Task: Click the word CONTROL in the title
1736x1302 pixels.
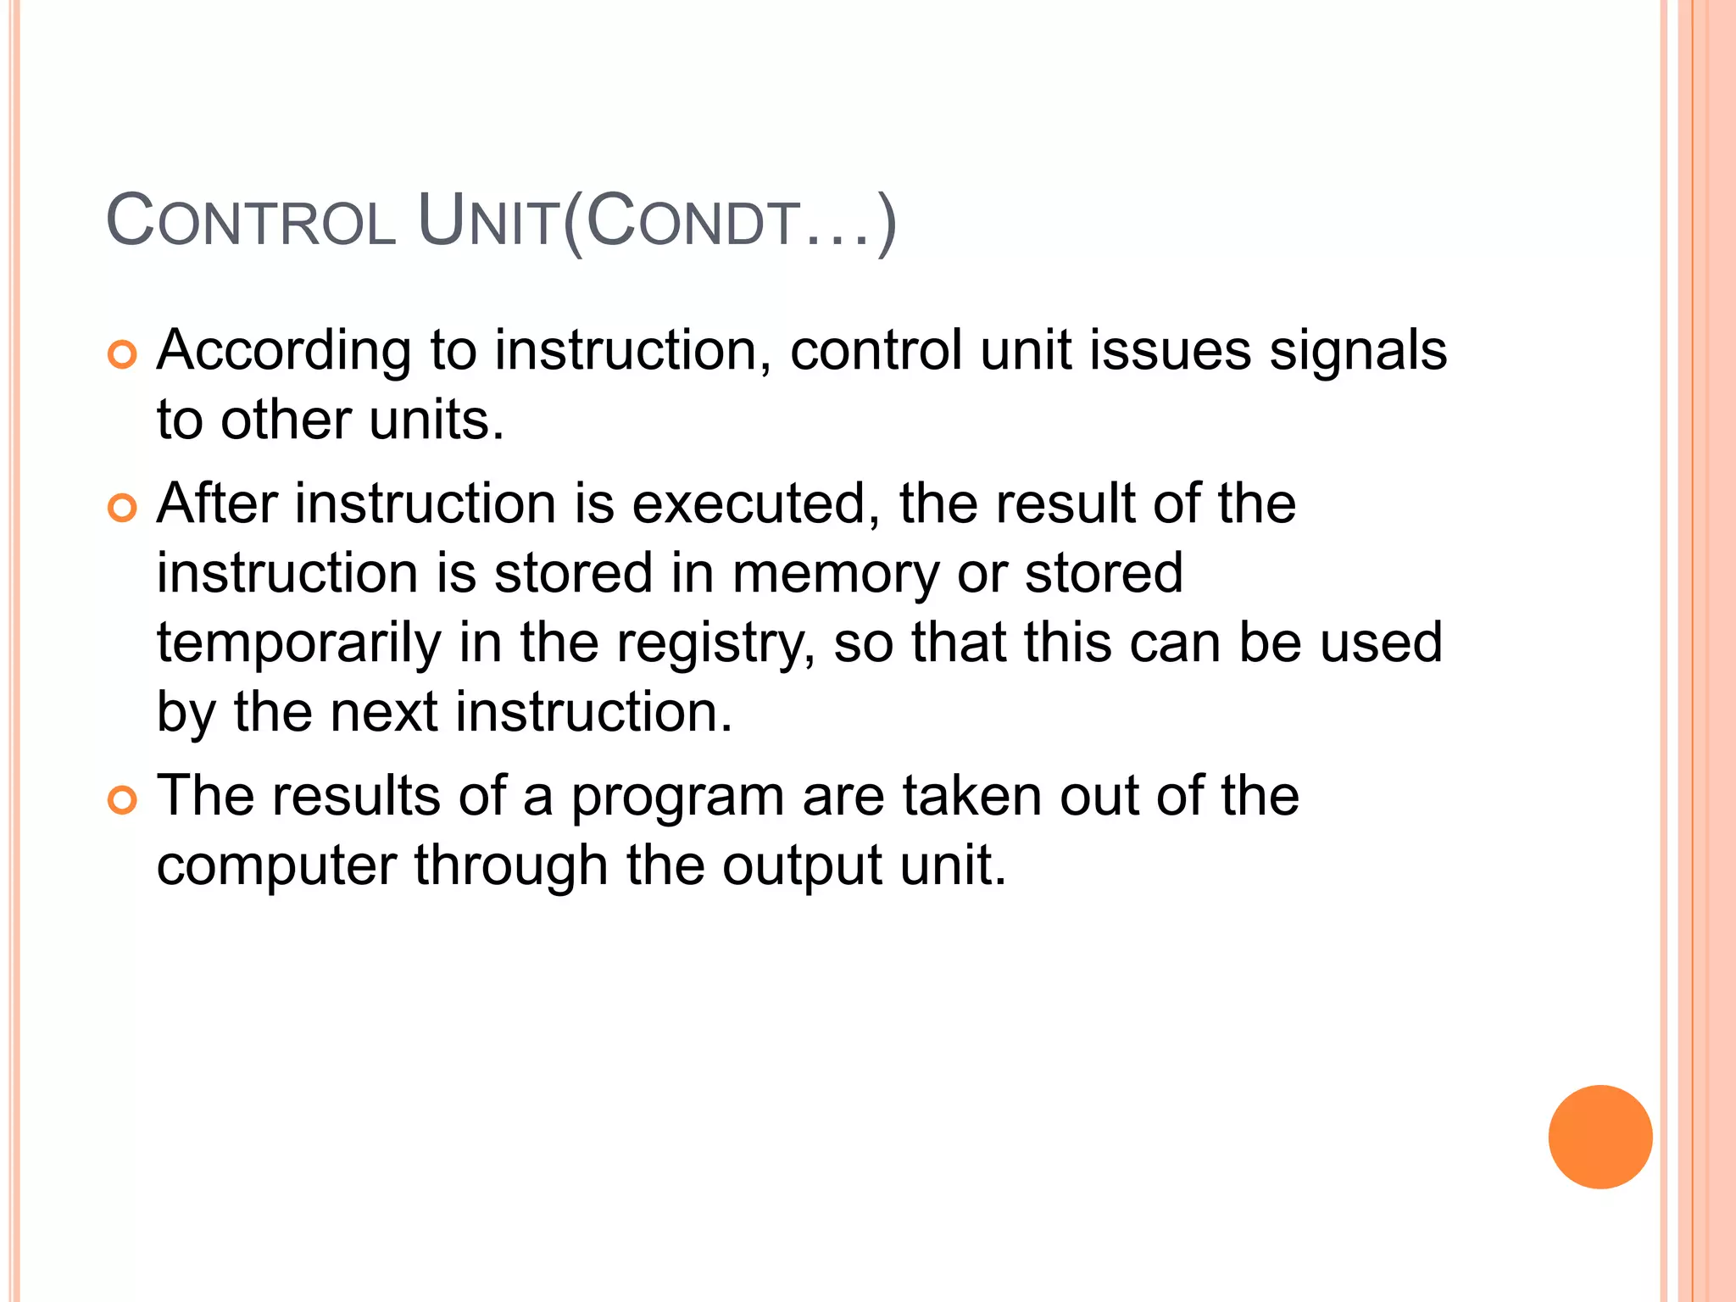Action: [x=251, y=221]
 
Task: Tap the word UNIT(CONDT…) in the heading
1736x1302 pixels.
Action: [x=657, y=221]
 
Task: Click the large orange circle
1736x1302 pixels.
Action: [x=1600, y=1137]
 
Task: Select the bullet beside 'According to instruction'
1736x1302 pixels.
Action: [x=122, y=355]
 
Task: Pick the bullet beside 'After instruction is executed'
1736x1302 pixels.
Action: [x=122, y=509]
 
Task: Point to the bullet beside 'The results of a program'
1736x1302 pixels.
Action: [x=122, y=801]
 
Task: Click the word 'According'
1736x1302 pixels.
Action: [x=283, y=351]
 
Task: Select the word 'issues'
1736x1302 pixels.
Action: [x=1169, y=351]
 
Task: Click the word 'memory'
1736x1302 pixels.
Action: [x=835, y=575]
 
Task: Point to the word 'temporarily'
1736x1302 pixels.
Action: [x=298, y=644]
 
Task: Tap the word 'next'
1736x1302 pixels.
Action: [x=383, y=712]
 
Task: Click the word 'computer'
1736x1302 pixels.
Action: [x=276, y=866]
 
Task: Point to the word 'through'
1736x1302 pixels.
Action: [x=511, y=866]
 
